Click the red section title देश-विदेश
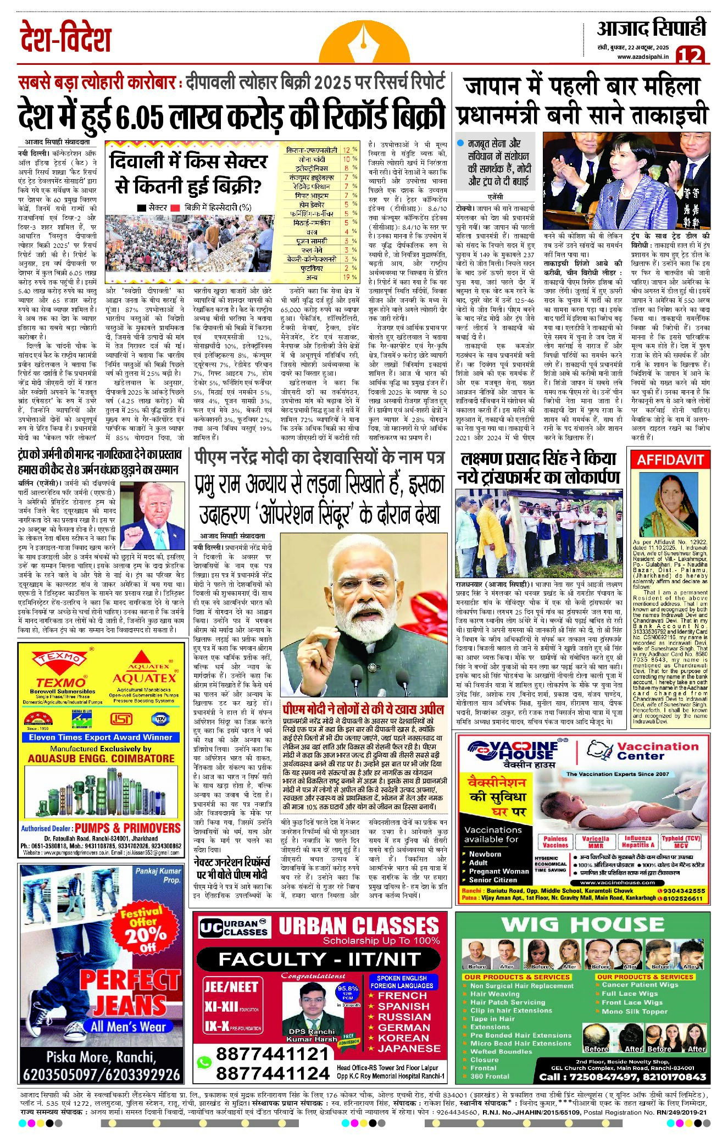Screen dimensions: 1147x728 65,37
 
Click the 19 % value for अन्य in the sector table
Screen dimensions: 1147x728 348,278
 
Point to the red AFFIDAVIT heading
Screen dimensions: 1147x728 670,459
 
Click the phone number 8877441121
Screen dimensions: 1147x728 272,1054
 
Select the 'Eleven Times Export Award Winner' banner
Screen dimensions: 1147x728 101,737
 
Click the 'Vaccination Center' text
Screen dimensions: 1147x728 657,751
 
